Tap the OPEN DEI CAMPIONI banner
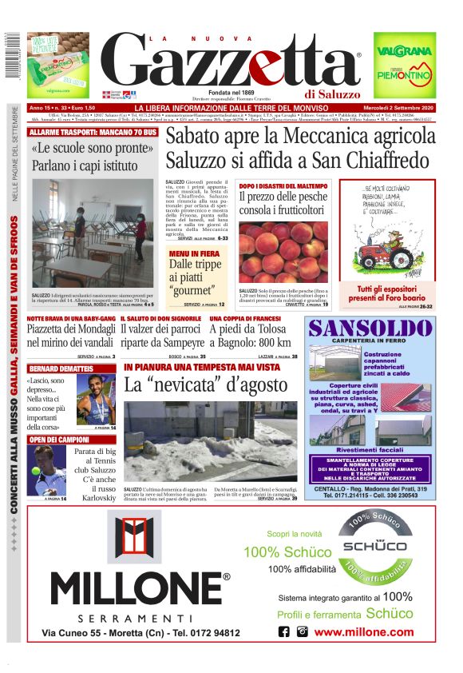click(59, 440)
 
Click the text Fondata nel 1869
click(231, 91)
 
